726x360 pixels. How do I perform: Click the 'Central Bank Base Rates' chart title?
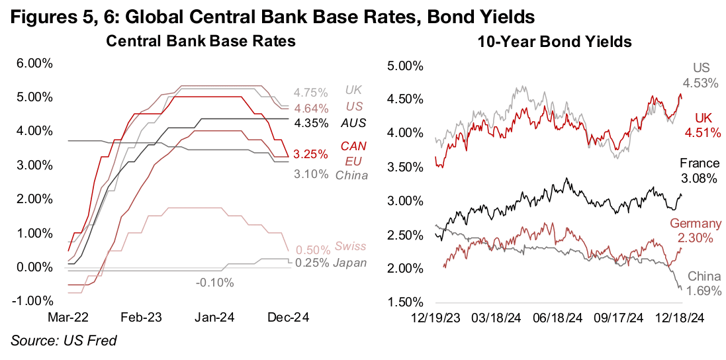tap(201, 41)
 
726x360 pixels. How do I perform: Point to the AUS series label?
tap(353, 123)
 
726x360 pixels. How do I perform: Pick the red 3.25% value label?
tap(311, 154)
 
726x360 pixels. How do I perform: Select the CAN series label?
tap(353, 146)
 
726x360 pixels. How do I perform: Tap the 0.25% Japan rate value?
tap(311, 263)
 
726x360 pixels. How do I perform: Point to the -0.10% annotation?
tap(214, 283)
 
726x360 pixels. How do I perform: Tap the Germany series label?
tap(696, 224)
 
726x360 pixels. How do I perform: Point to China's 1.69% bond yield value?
tap(703, 290)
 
